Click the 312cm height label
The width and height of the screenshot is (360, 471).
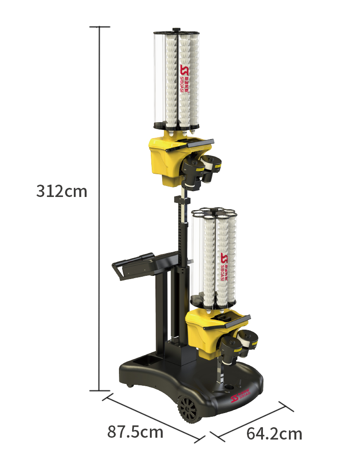[62, 191]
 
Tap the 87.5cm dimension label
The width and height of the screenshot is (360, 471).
[135, 431]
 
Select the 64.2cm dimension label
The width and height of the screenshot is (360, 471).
[274, 433]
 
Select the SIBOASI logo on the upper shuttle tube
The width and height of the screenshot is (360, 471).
[185, 78]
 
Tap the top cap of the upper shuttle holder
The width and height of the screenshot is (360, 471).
[176, 33]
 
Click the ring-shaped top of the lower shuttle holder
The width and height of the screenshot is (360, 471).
[213, 212]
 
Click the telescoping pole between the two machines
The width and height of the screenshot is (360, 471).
[183, 228]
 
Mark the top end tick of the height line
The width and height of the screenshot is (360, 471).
[100, 27]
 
